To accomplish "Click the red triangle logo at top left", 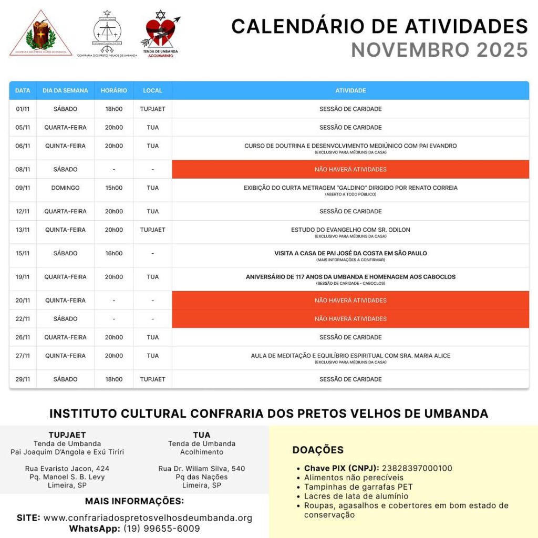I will [x=41, y=34].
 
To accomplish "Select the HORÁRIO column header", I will [x=114, y=90].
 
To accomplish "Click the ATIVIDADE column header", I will [x=350, y=90].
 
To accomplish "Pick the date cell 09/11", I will [x=23, y=188].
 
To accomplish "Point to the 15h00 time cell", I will [x=114, y=188].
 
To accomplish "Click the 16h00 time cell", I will [x=114, y=253].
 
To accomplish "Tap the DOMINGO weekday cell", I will [x=65, y=188].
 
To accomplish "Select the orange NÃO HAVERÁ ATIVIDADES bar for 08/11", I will [x=350, y=169].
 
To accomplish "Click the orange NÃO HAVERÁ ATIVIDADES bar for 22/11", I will [x=350, y=319].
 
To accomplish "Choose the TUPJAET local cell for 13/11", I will [x=152, y=230].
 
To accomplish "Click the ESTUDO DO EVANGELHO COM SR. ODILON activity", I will [x=350, y=230].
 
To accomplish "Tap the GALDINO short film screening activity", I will [x=350, y=188].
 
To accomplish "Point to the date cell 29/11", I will [x=23, y=379].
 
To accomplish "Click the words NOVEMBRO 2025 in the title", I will [x=439, y=50].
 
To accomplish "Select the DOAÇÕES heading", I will [x=318, y=450].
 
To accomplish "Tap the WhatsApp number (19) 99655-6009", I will [x=162, y=529].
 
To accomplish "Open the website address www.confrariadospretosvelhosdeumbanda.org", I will [x=148, y=518].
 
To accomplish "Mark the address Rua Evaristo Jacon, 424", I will [x=67, y=469].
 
